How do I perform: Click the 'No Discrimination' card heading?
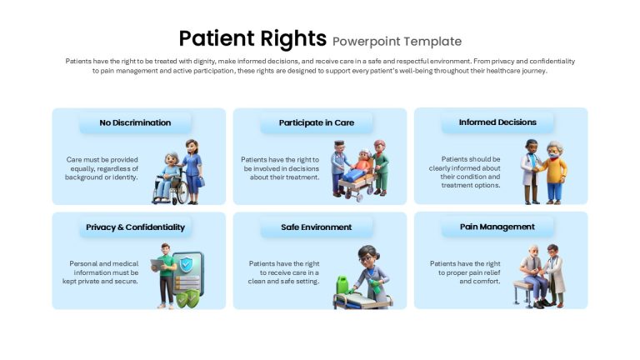135,122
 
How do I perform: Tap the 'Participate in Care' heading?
317,122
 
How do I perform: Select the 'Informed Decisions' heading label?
497,122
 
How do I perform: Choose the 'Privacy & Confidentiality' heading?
135,227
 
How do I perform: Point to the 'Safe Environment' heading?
317,227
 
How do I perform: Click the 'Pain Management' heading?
497,227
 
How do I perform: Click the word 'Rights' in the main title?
293,39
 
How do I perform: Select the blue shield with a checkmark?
186,264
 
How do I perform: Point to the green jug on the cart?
342,285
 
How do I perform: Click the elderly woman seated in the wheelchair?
168,176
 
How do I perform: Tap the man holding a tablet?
165,276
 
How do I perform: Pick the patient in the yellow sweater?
554,172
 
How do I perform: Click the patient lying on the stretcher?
357,167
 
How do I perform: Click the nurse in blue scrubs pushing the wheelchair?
192,172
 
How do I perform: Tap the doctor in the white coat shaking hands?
531,172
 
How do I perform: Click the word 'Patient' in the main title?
217,38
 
